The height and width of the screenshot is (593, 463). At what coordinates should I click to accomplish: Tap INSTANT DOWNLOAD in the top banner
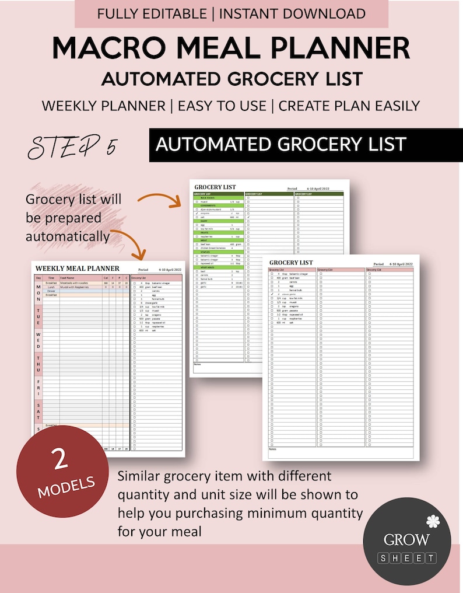[292, 14]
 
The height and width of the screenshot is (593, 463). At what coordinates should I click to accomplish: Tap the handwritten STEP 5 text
[72, 146]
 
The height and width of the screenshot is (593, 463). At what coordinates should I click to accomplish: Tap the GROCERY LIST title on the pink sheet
[291, 263]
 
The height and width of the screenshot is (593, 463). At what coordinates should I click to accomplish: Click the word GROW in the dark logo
[406, 539]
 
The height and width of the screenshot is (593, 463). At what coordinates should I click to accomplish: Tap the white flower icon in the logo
[432, 520]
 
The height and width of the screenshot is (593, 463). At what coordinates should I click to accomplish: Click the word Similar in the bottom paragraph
[140, 476]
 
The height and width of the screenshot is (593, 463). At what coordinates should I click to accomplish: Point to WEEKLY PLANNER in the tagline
[104, 106]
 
